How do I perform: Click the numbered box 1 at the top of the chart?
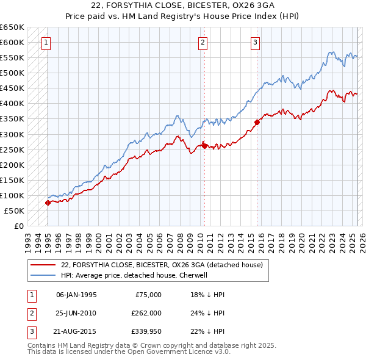(x=47, y=43)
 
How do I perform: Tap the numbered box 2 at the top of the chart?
(x=203, y=43)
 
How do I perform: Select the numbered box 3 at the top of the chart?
(x=255, y=43)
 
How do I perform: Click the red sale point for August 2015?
(x=257, y=122)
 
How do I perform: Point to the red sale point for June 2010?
(x=205, y=146)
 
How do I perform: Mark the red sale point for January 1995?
(x=48, y=203)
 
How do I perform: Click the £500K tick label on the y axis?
(x=12, y=73)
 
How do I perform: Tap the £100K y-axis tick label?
(x=12, y=195)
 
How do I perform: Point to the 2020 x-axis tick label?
(x=301, y=240)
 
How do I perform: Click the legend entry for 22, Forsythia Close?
(x=162, y=265)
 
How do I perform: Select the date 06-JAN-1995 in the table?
(x=76, y=294)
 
